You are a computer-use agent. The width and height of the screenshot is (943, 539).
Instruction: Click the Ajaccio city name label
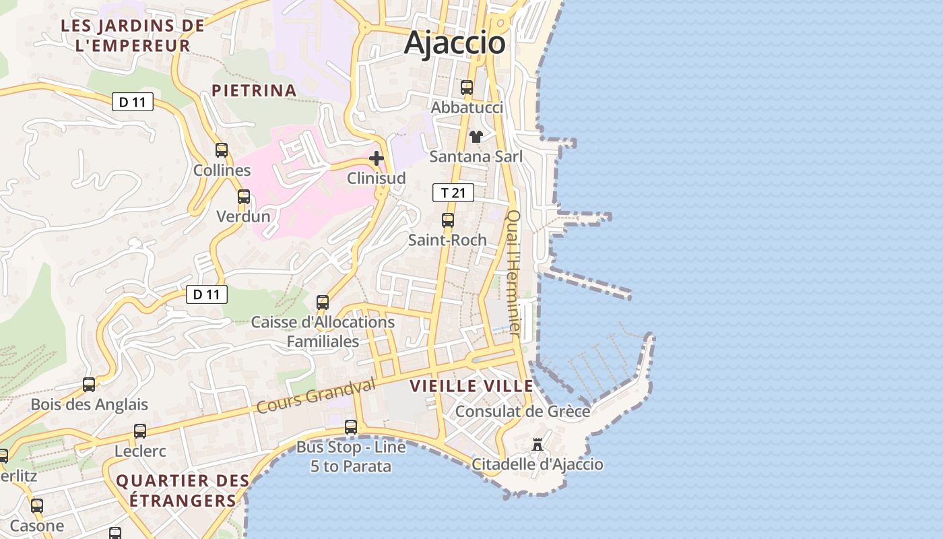click(x=455, y=43)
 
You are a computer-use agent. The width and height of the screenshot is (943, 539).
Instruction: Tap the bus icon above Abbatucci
click(x=466, y=88)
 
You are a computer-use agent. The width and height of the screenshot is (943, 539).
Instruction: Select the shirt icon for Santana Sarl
click(x=476, y=137)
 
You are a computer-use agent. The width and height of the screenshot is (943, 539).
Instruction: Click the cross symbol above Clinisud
click(x=377, y=158)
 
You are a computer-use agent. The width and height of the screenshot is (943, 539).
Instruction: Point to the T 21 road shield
click(x=453, y=193)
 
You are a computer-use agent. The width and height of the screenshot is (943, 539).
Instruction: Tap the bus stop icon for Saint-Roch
click(x=447, y=220)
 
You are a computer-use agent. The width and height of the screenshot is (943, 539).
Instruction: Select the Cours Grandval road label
click(x=315, y=396)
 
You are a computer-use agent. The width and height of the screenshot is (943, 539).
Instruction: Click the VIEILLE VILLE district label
click(x=471, y=386)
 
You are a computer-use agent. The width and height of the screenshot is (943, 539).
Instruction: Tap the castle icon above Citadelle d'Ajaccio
click(x=538, y=445)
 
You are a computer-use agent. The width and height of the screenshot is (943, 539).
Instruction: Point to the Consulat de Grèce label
click(x=523, y=411)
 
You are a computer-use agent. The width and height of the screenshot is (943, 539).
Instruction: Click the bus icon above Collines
click(x=222, y=150)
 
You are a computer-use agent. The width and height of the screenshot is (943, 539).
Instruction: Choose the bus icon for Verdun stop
click(x=243, y=197)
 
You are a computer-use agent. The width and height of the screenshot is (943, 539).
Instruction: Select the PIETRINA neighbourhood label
click(x=254, y=90)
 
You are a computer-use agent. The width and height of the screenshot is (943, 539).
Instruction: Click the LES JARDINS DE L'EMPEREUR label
click(x=133, y=36)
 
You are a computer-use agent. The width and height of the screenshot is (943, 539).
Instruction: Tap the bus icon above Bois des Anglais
click(x=89, y=385)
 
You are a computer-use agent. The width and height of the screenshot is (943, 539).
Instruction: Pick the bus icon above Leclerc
click(x=140, y=431)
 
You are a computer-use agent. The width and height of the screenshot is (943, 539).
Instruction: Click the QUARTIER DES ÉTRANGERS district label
click(x=183, y=490)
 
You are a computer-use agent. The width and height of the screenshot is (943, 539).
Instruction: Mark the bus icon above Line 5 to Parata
click(x=350, y=426)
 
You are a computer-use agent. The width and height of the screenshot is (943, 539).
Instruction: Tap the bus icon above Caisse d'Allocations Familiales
click(x=323, y=302)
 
